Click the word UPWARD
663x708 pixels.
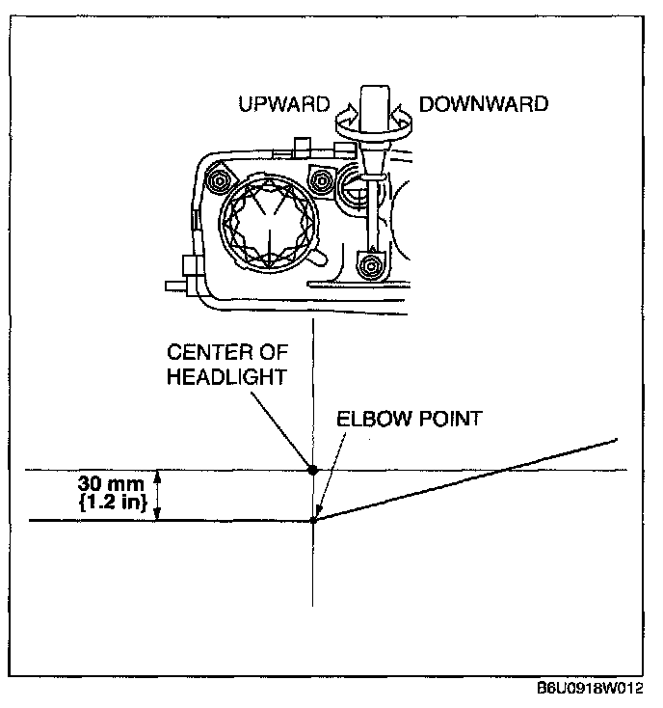283,103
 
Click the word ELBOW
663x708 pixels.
369,421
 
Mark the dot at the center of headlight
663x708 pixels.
312,470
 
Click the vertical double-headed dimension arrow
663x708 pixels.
161,495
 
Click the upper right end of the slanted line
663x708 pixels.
615,441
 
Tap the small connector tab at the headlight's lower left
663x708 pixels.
173,286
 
